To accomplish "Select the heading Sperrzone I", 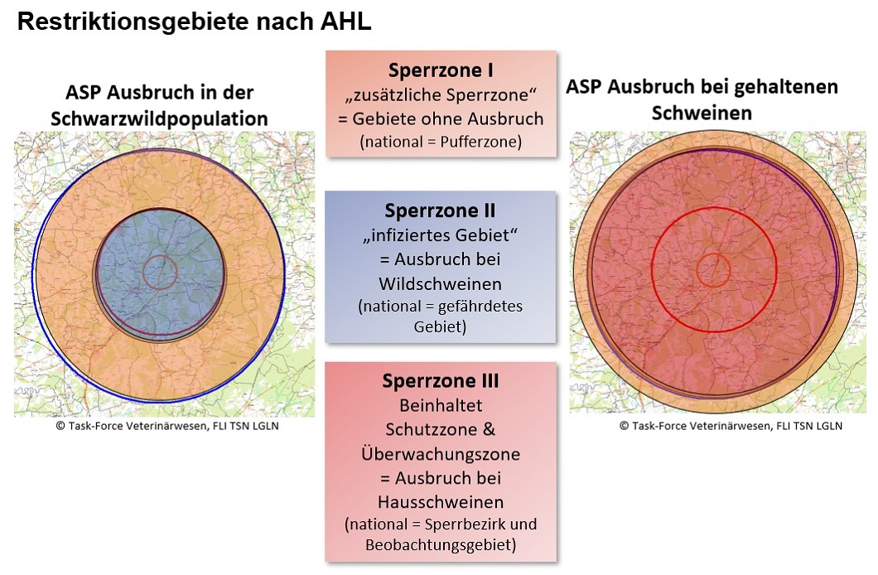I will click(441, 70).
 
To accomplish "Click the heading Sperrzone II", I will click(441, 210).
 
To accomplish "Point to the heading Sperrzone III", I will click(441, 381).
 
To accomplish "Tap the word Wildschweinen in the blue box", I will click(441, 283).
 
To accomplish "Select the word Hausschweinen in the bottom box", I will click(441, 502).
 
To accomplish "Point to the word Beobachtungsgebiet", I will click(441, 544).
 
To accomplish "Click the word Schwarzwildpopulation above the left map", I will click(159, 118).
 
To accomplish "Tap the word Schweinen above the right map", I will click(702, 112).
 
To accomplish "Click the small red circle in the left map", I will click(160, 272).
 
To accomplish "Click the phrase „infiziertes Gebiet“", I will click(441, 234).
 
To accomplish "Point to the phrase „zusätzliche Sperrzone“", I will click(441, 94).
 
